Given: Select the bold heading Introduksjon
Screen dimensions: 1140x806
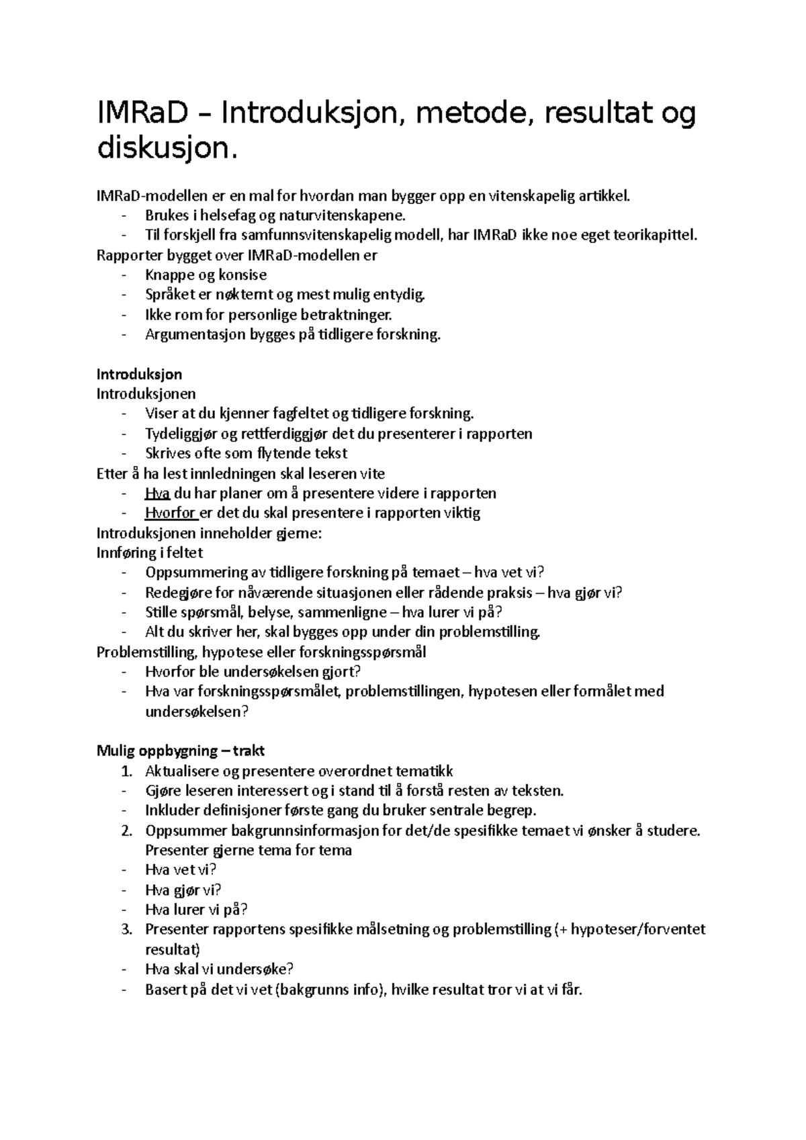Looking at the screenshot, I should [x=140, y=374].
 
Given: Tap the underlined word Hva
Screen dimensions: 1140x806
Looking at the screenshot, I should [x=157, y=493].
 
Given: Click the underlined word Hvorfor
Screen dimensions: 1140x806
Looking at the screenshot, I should [x=171, y=514].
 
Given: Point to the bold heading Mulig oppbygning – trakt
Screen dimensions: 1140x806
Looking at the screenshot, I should [x=181, y=751].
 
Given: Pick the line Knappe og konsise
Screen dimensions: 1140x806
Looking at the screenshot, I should [x=206, y=275].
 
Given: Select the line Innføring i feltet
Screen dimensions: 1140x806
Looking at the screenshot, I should [x=150, y=553].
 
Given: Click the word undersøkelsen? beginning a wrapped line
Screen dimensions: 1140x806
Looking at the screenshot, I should [x=197, y=712].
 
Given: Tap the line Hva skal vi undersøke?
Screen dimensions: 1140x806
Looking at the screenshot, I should [x=220, y=969].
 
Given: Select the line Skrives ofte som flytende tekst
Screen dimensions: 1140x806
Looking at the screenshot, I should [x=246, y=454].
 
